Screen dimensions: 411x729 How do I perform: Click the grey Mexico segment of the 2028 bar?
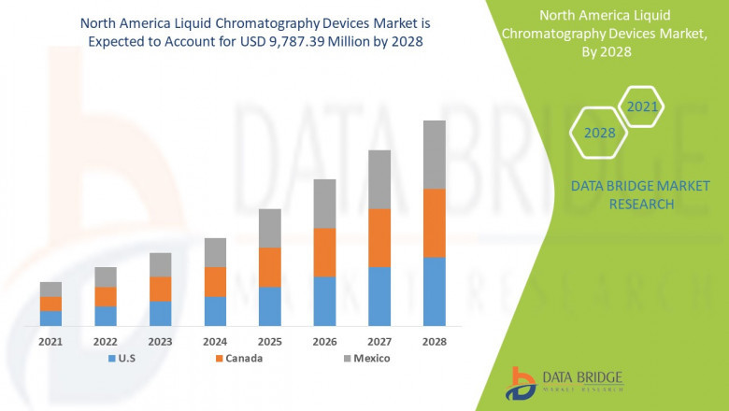(x=435, y=154)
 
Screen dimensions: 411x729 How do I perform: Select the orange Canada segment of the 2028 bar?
(x=435, y=223)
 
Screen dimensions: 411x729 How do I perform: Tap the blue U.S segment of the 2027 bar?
(x=379, y=296)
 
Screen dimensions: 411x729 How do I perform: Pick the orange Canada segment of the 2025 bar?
(x=270, y=267)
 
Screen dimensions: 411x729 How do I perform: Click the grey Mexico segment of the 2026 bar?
(x=324, y=204)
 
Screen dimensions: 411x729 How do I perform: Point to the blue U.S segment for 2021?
(x=50, y=318)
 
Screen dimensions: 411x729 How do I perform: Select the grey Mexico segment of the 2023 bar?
(x=160, y=264)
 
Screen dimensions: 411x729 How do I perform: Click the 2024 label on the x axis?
(x=215, y=342)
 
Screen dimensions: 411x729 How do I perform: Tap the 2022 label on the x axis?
(x=106, y=342)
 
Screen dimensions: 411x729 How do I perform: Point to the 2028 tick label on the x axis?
(x=435, y=342)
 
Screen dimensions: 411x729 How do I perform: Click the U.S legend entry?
(x=127, y=358)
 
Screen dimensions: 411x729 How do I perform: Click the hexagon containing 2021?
(x=642, y=106)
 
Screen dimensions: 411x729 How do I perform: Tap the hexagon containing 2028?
(x=599, y=133)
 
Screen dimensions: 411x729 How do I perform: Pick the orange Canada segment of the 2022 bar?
(x=106, y=296)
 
